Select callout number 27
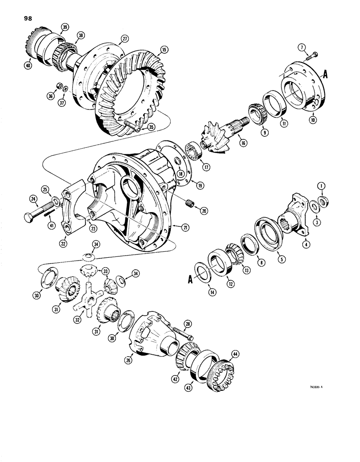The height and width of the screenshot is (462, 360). tap(124, 39)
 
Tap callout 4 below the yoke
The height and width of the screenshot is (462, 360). tap(305, 243)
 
